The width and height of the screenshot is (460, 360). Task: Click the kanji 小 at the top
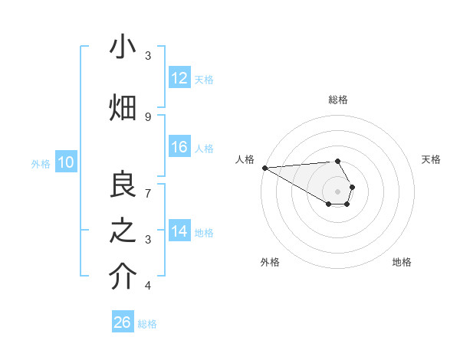[x=123, y=47]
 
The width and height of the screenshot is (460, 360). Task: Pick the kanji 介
[x=123, y=278]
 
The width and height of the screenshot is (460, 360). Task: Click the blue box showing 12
[x=179, y=79]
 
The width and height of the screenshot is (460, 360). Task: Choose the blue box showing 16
[x=179, y=148]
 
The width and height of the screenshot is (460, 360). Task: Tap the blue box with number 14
[x=179, y=232]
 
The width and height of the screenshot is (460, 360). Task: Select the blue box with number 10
[x=65, y=162]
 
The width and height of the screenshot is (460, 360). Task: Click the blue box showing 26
[x=123, y=322]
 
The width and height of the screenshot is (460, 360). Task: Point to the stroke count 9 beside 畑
[x=147, y=116]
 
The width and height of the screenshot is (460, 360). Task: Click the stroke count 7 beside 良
[x=147, y=192]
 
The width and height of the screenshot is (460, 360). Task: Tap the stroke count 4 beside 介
[x=147, y=286]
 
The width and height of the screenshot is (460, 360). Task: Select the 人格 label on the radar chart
[x=245, y=159]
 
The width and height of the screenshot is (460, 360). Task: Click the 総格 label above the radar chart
[x=337, y=100]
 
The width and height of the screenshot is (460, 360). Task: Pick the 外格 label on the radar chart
[x=270, y=262]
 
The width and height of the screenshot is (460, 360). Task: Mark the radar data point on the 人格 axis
[x=264, y=167]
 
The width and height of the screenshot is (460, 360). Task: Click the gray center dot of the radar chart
[x=337, y=191]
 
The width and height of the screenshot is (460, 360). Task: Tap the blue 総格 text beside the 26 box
[x=147, y=324]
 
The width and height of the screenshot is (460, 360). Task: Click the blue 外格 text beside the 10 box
[x=41, y=163]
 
